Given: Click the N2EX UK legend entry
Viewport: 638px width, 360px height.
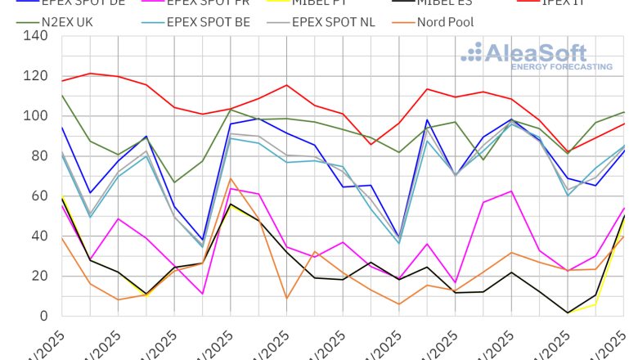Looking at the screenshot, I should click(66, 21).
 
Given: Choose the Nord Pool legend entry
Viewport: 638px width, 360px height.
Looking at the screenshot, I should click(445, 21).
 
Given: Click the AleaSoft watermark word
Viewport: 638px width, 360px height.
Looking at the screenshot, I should click(536, 54).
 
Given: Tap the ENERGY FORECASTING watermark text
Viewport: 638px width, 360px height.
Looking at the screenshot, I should click(549, 67).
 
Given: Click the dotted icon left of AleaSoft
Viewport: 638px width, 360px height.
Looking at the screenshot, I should click(472, 53).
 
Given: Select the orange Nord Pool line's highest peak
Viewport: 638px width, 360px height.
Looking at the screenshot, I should click(231, 178).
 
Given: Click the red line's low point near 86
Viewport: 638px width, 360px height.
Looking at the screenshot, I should click(371, 144).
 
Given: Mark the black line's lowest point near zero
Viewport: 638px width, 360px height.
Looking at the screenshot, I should click(567, 313).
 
